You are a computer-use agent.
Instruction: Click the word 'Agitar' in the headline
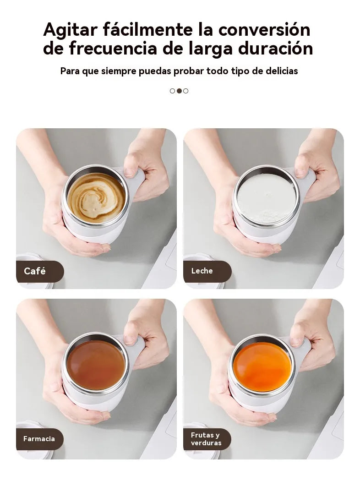70,30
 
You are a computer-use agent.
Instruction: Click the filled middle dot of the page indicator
179,91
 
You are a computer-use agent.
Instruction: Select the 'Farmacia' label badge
39,439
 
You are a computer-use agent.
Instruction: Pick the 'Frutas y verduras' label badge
206,439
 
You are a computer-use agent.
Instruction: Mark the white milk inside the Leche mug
266,198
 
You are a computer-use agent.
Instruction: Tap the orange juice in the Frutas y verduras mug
262,366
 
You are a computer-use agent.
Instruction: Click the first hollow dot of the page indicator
173,91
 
